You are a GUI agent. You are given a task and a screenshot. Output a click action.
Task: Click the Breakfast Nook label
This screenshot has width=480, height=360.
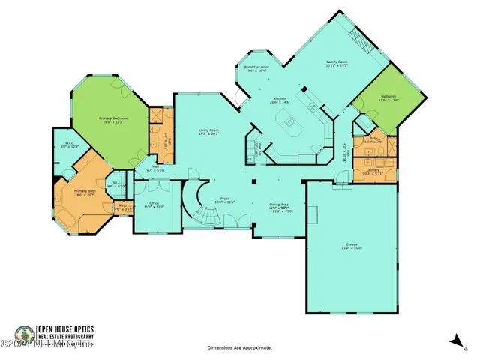pyautogui.click(x=256, y=68)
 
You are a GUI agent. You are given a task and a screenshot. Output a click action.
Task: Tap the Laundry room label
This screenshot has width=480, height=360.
pyautogui.click(x=373, y=170)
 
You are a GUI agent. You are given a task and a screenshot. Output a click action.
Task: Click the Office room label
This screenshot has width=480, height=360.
pyautogui.click(x=154, y=204)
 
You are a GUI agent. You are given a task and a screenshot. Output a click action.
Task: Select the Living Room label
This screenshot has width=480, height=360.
pyautogui.click(x=209, y=131)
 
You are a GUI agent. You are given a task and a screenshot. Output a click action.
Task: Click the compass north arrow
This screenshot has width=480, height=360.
pyautogui.click(x=454, y=339)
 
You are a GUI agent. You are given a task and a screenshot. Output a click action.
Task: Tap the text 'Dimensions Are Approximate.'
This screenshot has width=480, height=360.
pyautogui.click(x=239, y=348)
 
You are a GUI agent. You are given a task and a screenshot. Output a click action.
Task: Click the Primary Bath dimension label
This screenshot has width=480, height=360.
pyautogui.click(x=84, y=194)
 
